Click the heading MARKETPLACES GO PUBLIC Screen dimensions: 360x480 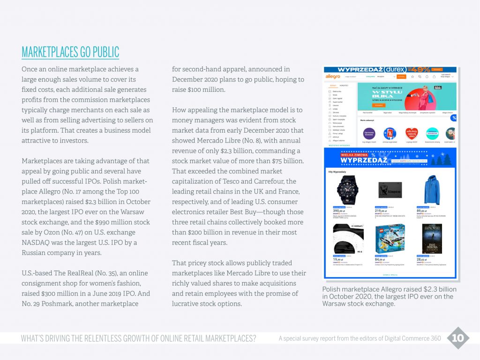[x=70, y=52]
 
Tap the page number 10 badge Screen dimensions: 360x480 [x=458, y=338]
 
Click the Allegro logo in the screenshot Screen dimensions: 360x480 [x=333, y=76]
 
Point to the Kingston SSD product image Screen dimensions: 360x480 [x=390, y=190]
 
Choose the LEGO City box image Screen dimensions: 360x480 [x=390, y=238]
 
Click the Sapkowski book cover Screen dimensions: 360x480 [x=432, y=238]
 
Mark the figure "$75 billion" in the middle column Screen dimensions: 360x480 [x=288, y=161]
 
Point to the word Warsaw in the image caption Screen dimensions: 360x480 [x=335, y=304]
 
